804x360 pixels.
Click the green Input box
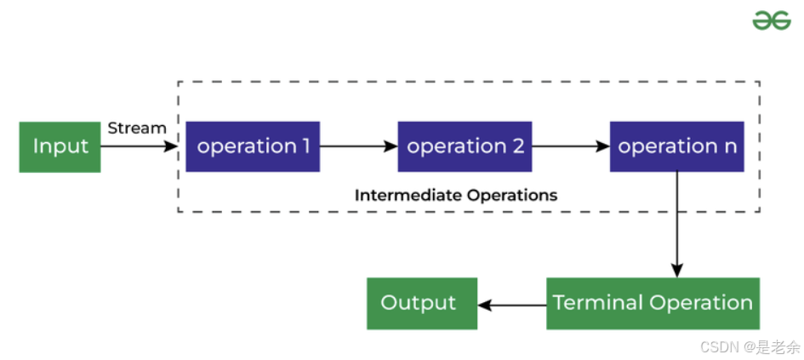click(x=60, y=146)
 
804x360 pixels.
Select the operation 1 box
click(x=253, y=146)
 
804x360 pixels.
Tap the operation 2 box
click(x=465, y=146)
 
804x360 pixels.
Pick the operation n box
click(x=677, y=146)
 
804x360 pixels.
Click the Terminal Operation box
click(x=653, y=303)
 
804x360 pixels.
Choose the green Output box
click(x=421, y=303)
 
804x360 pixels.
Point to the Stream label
click(x=136, y=128)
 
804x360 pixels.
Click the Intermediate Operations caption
click(x=456, y=195)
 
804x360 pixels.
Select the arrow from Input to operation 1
click(x=141, y=146)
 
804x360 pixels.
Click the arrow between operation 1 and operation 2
click(x=358, y=146)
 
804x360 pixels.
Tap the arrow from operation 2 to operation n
click(x=570, y=146)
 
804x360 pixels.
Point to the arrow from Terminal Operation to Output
click(x=511, y=303)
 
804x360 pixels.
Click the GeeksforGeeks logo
click(x=771, y=20)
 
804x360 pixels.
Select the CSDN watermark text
click(x=750, y=346)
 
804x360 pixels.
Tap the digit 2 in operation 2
click(x=517, y=146)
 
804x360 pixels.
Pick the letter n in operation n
click(x=729, y=146)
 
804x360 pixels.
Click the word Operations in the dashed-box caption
click(x=513, y=195)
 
